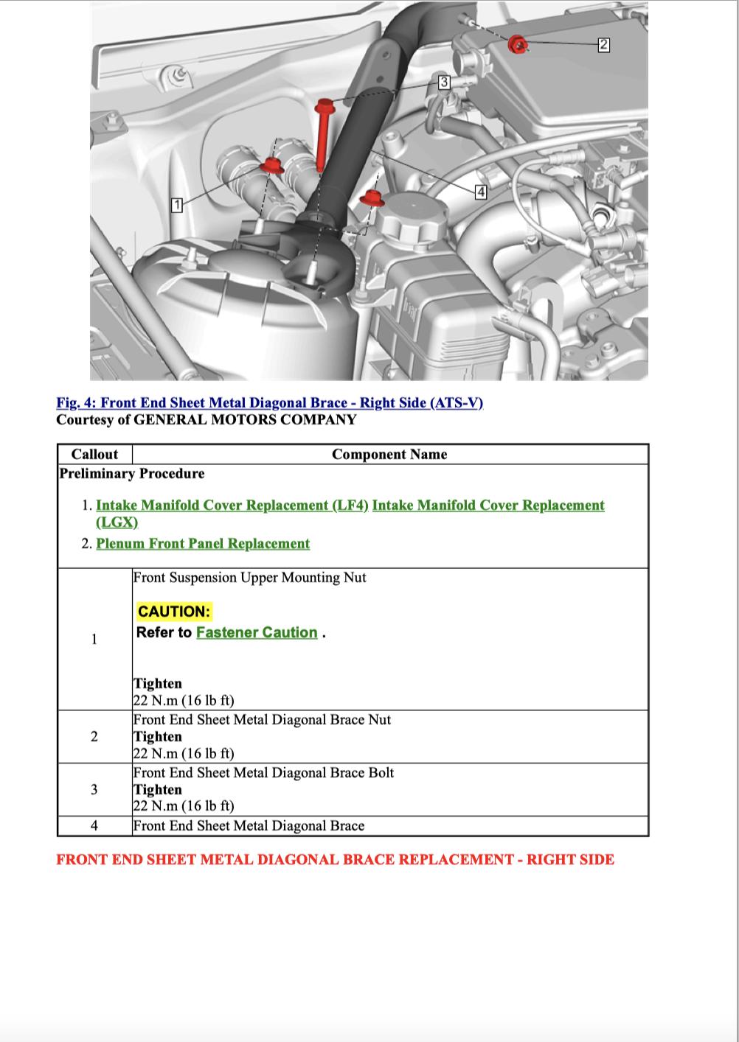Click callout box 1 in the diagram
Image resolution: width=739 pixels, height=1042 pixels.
176,205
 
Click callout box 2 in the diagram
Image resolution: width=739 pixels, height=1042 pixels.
603,45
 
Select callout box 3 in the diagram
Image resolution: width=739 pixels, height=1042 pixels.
444,82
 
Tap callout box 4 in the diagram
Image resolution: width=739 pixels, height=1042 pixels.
481,192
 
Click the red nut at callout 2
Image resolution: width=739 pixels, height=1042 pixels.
518,44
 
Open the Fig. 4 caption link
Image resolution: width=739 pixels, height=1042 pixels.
269,403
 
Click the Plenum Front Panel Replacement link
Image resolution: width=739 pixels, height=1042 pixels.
203,544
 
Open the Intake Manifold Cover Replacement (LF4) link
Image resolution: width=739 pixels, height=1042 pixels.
232,506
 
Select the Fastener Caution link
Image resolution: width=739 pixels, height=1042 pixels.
257,632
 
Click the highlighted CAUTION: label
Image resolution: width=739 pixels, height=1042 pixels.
174,611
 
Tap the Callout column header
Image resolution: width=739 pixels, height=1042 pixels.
94,454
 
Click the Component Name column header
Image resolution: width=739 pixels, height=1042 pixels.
389,454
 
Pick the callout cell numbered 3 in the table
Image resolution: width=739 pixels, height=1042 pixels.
94,789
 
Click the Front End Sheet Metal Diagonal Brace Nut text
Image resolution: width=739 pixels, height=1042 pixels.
262,720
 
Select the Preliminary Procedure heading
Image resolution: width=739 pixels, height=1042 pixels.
132,474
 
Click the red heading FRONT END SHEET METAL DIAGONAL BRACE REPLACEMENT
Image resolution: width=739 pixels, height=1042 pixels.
335,859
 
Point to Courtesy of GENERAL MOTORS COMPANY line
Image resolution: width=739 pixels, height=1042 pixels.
207,420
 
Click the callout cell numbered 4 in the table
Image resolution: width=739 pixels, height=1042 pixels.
94,826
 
